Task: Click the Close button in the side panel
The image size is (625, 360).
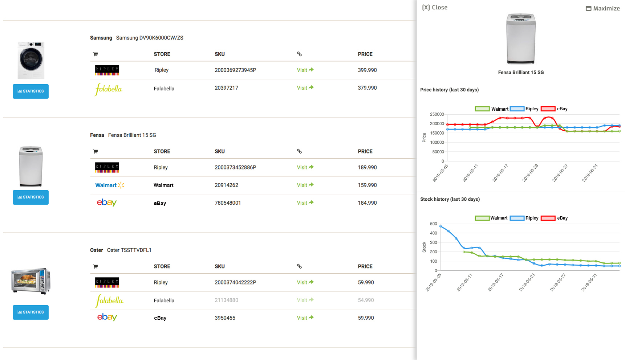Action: point(434,8)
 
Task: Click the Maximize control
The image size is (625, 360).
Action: point(602,8)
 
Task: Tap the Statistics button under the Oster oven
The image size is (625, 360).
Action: point(31,312)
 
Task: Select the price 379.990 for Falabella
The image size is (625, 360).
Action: point(367,88)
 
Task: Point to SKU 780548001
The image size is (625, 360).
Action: point(228,203)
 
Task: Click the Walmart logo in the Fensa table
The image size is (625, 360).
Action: point(109,185)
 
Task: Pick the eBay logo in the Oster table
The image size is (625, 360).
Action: point(107,318)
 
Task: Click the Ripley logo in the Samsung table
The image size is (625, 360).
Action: point(107,70)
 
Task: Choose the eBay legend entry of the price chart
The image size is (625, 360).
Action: point(554,109)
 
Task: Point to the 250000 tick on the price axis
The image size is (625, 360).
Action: point(437,114)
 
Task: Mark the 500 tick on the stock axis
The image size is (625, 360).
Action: point(433,224)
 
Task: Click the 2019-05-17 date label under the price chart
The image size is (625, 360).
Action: point(500,173)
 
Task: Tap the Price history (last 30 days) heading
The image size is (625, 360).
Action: point(449,90)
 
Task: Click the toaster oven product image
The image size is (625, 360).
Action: point(31,281)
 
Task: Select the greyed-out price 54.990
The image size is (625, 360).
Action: point(366,300)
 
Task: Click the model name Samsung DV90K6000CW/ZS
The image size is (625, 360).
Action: point(150,38)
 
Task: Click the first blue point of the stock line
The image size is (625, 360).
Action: point(441,226)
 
